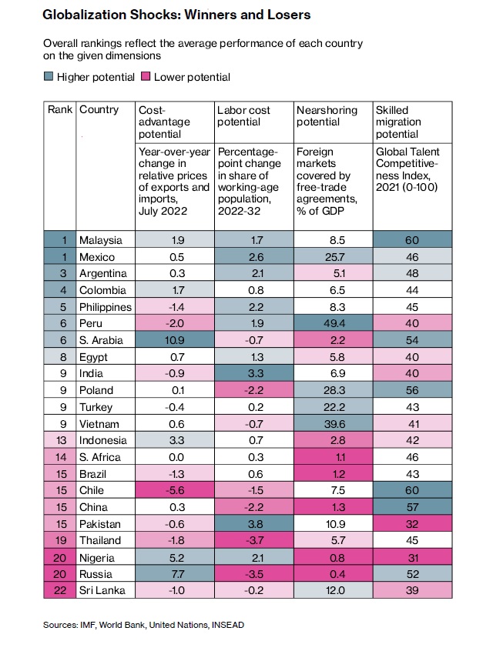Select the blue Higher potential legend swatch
click(x=49, y=77)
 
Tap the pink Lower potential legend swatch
click(x=144, y=77)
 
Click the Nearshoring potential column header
click(x=327, y=116)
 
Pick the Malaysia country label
click(x=100, y=240)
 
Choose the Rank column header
click(x=60, y=110)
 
